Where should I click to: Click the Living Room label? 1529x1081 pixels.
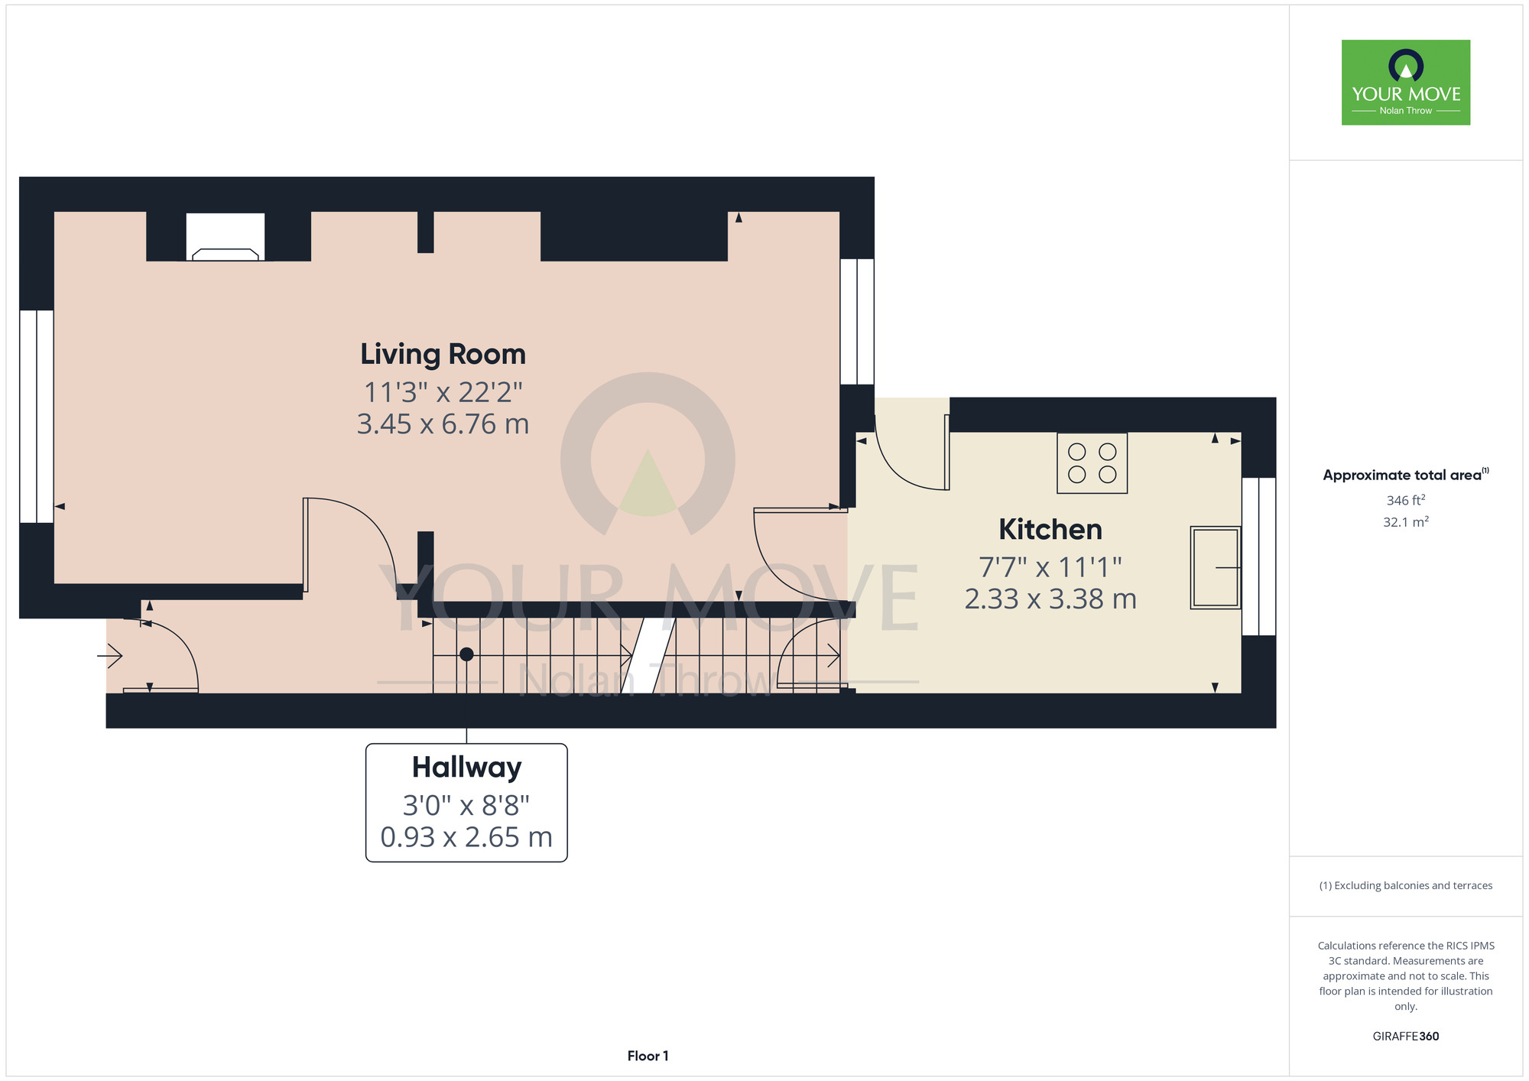click(443, 355)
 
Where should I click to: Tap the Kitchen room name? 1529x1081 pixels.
click(1050, 529)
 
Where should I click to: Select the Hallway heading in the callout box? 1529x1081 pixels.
click(466, 768)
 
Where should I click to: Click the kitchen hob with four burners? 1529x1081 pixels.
click(1092, 463)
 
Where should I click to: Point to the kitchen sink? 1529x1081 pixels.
click(1215, 567)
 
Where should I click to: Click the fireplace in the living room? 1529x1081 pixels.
click(226, 237)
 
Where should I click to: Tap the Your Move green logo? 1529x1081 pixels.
click(1406, 83)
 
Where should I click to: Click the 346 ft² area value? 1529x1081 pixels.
click(1406, 500)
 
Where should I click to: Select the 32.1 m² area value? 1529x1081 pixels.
click(1406, 522)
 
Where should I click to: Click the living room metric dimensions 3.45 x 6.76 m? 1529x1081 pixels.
click(443, 424)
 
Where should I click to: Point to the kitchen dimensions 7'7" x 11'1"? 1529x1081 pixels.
click(1050, 567)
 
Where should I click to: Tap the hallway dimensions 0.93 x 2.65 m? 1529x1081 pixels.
click(466, 837)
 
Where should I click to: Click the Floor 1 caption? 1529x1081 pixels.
click(648, 1056)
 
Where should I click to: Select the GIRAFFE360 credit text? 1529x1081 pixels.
click(1406, 1037)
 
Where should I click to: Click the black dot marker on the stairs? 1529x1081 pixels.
click(466, 654)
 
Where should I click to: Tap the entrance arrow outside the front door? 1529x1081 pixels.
click(110, 655)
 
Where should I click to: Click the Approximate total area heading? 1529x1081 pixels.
click(1406, 475)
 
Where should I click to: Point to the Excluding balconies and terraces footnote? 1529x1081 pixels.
click(1406, 885)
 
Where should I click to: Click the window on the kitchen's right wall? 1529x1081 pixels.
click(1258, 557)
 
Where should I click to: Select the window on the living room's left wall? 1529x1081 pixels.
click(37, 417)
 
